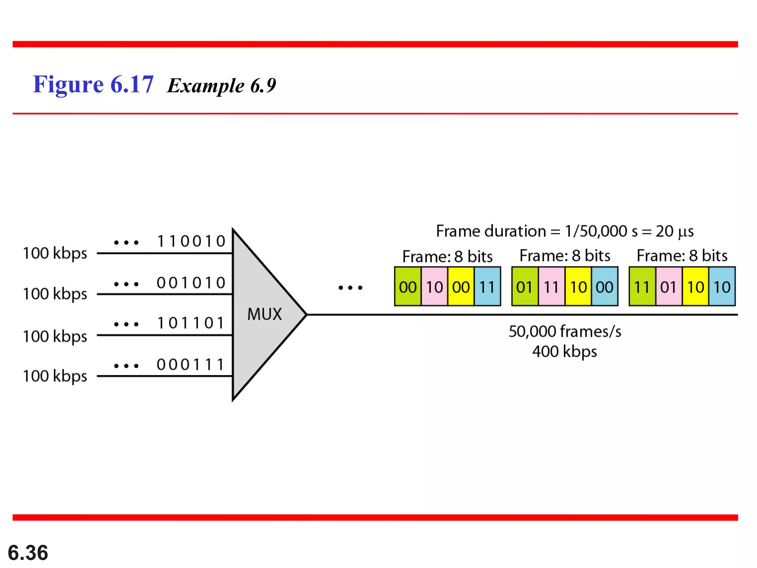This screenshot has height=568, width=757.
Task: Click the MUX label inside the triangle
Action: pos(264,314)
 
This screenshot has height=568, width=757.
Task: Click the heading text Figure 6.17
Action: pos(93,84)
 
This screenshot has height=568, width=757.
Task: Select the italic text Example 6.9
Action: pos(221,86)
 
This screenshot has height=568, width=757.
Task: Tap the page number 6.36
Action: pos(28,552)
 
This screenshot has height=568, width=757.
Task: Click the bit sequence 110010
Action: pos(191,241)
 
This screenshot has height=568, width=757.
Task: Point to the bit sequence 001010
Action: pos(191,283)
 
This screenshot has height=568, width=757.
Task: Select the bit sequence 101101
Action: pos(191,323)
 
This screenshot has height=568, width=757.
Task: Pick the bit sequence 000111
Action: pos(191,365)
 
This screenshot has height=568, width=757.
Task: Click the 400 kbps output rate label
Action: pos(564,351)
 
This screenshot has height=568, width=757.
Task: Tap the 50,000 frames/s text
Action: pos(564,331)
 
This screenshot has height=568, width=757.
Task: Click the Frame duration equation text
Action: pos(564,231)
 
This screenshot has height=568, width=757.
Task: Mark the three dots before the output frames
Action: pos(350,287)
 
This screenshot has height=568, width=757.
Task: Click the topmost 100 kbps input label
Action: pos(55,254)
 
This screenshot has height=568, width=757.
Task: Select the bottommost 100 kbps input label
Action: pos(55,376)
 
